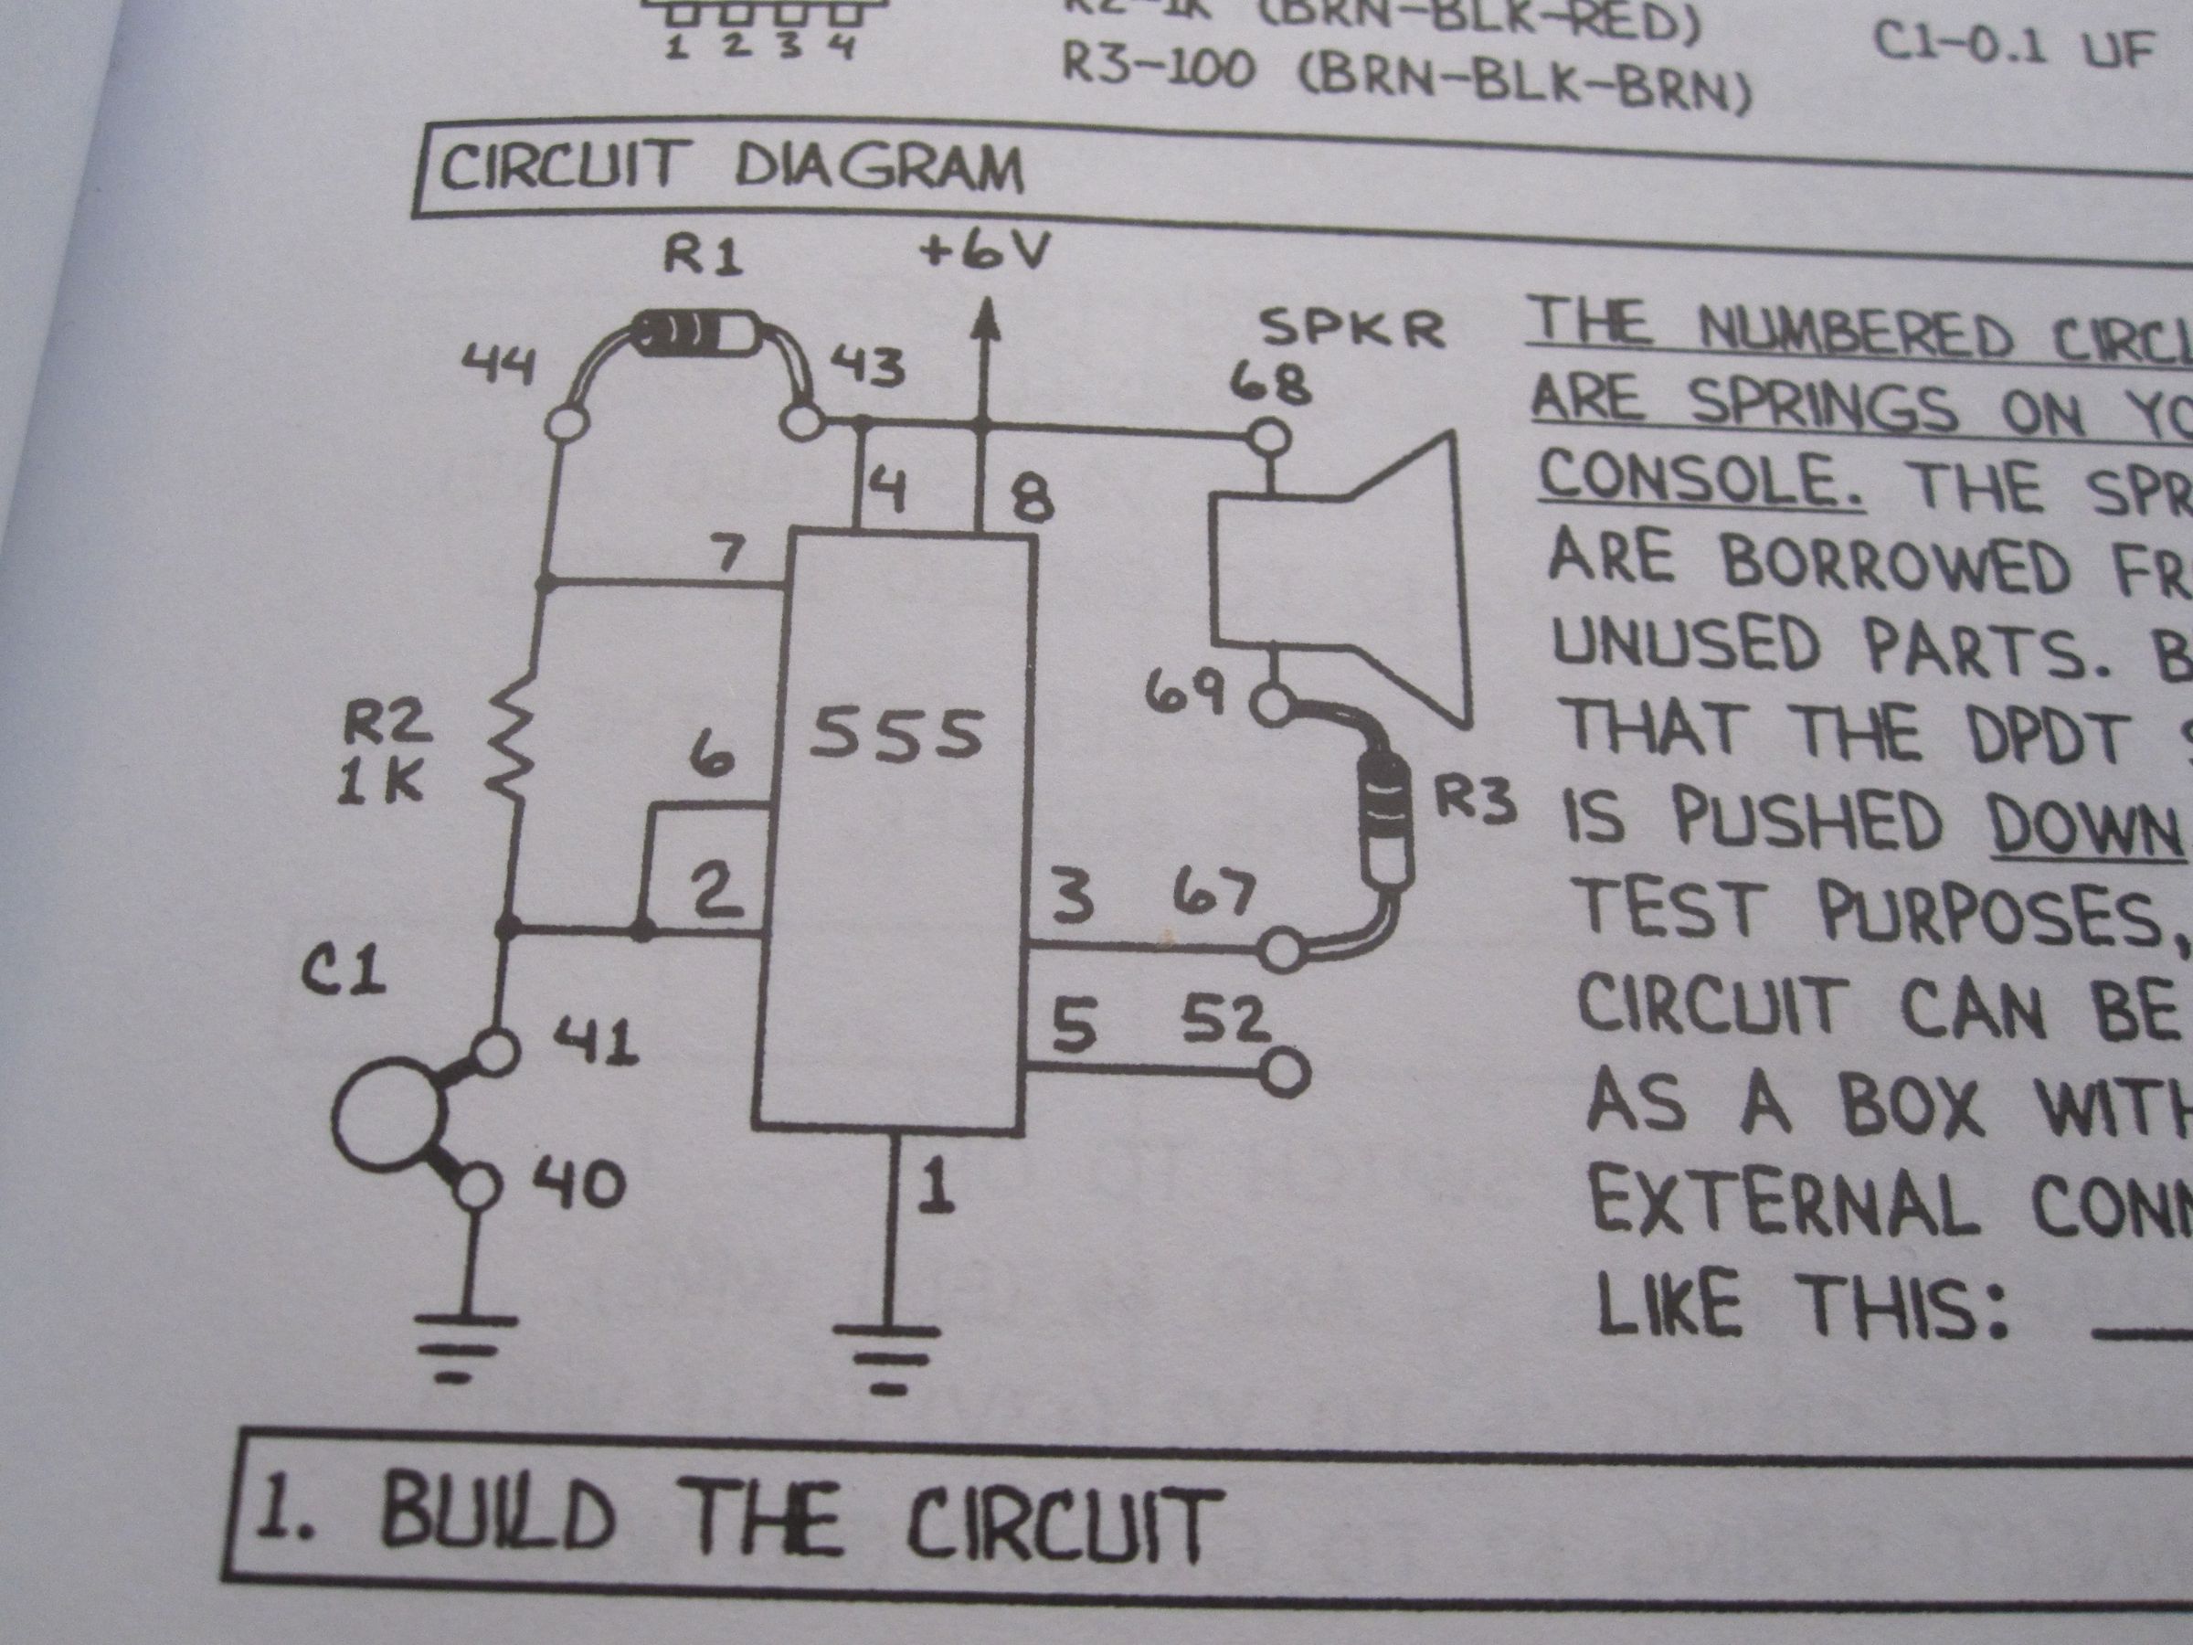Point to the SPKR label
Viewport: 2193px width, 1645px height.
tap(1355, 330)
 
